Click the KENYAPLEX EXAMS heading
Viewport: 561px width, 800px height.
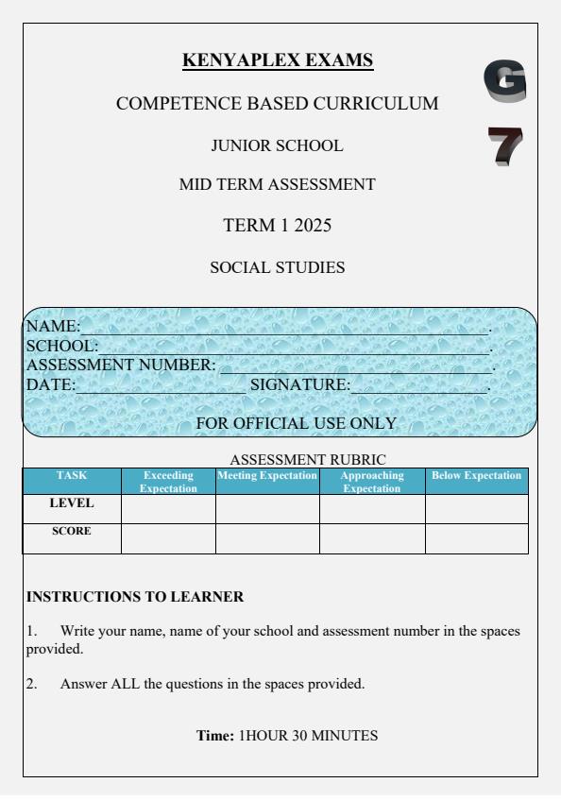click(x=278, y=61)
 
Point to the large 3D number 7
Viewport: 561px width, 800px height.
click(x=504, y=147)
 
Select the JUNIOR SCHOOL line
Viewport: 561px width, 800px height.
click(x=277, y=145)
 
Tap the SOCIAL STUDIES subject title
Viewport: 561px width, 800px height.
click(x=277, y=268)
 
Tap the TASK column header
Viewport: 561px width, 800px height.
click(x=72, y=475)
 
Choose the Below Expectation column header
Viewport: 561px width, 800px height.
click(x=476, y=475)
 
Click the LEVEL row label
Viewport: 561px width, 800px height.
click(x=72, y=503)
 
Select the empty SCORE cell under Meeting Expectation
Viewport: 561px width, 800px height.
click(x=267, y=537)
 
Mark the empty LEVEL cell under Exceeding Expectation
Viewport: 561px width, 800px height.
click(x=169, y=508)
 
